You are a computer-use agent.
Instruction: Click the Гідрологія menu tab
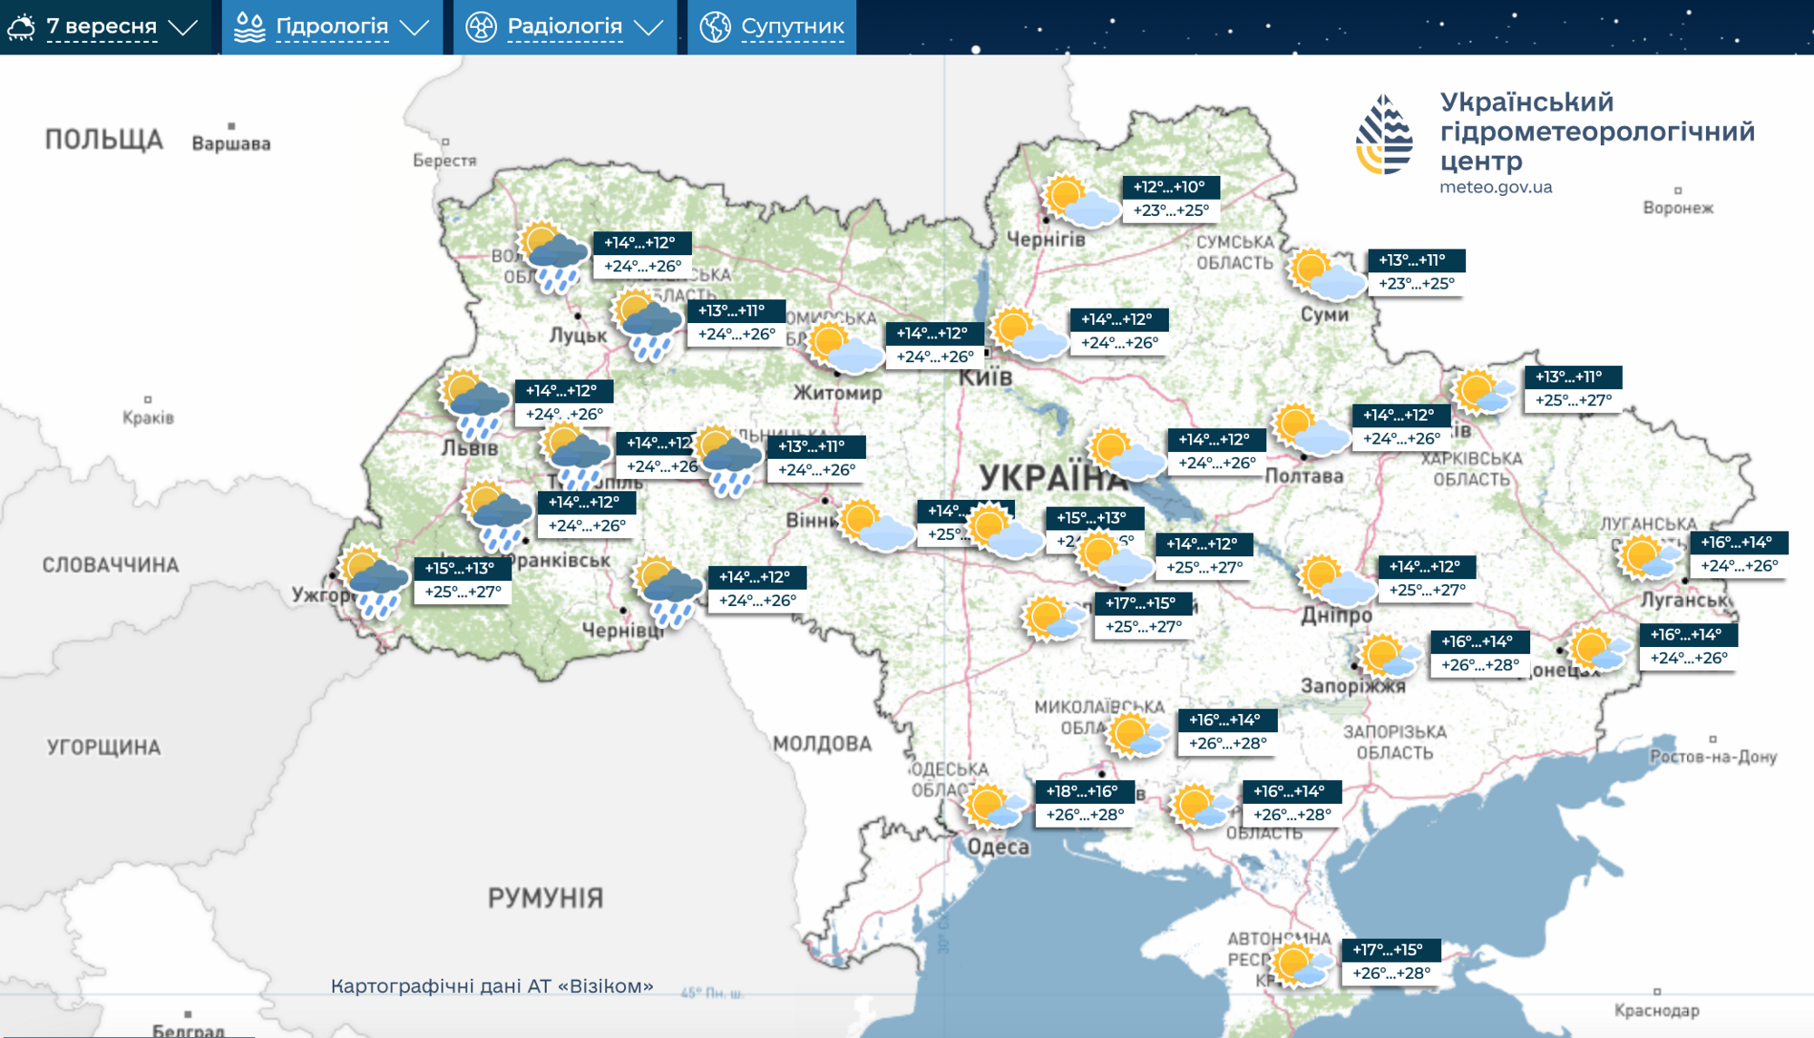pyautogui.click(x=331, y=27)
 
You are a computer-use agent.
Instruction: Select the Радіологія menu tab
pyautogui.click(x=564, y=27)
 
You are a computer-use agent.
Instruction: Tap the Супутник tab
pyautogui.click(x=773, y=27)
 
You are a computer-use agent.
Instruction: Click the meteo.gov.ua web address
pyautogui.click(x=1496, y=187)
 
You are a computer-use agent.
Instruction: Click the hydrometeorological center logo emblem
pyautogui.click(x=1384, y=136)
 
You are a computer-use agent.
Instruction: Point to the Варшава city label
pyautogui.click(x=230, y=143)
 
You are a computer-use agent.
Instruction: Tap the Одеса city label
pyautogui.click(x=998, y=847)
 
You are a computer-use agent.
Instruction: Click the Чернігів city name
pyautogui.click(x=1046, y=240)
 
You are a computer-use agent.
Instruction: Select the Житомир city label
pyautogui.click(x=837, y=393)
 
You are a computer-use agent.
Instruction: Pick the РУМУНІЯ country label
pyautogui.click(x=545, y=898)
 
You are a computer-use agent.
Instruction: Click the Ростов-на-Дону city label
pyautogui.click(x=1712, y=757)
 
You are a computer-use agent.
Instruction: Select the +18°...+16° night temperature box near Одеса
pyautogui.click(x=1082, y=791)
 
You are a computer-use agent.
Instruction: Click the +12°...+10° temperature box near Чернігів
pyautogui.click(x=1170, y=187)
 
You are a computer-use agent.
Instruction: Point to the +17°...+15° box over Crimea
pyautogui.click(x=1388, y=950)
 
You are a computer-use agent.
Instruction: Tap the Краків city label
pyautogui.click(x=148, y=417)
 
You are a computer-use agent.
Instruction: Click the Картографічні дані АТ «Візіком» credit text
pyautogui.click(x=492, y=986)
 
